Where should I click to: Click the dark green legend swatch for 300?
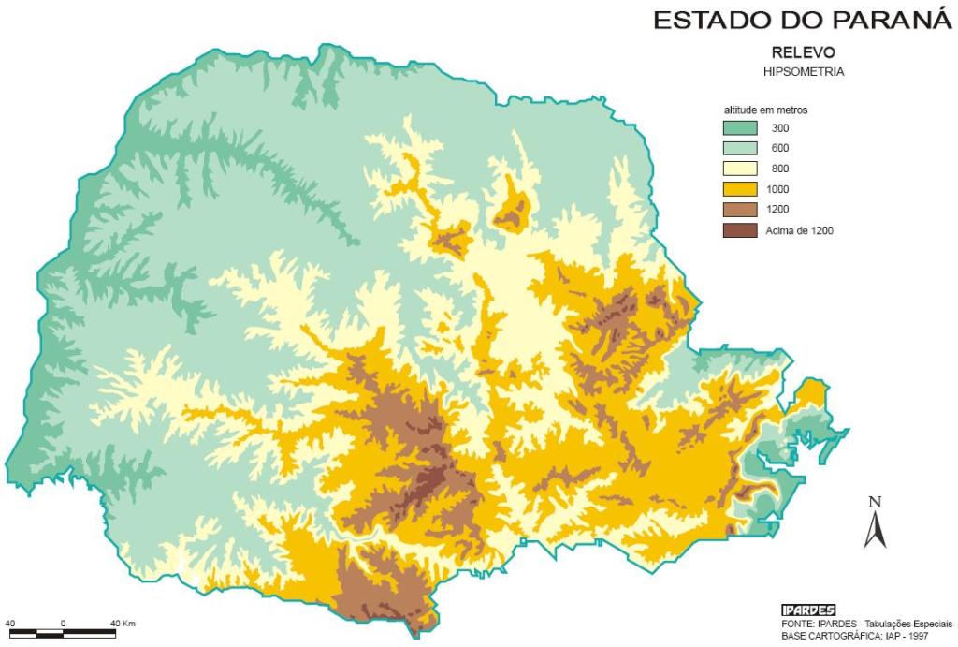coord(739,127)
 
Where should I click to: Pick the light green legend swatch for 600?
coord(739,148)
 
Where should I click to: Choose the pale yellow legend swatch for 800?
coord(739,168)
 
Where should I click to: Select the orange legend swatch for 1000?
coord(739,188)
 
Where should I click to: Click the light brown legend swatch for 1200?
coord(739,209)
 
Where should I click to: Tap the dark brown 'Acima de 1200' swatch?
coord(739,229)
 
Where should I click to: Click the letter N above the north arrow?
coord(875,502)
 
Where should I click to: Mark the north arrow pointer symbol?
coord(875,531)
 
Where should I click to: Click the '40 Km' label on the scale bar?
coord(123,623)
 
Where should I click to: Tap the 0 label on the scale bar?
coord(63,623)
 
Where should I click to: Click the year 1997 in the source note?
coord(938,636)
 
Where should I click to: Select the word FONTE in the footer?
coord(798,624)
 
